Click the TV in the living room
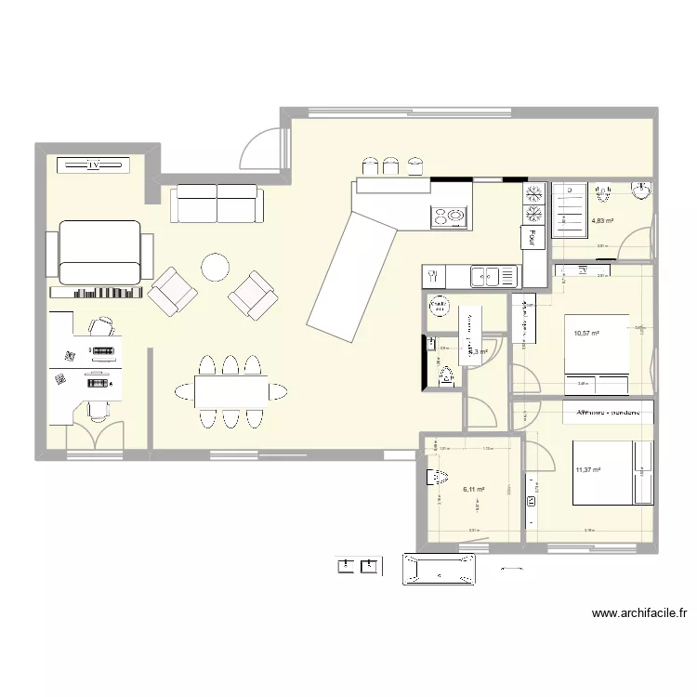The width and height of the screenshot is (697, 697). [93, 164]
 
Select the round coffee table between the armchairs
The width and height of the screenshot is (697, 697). [216, 268]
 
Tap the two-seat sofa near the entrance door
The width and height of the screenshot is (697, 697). [217, 204]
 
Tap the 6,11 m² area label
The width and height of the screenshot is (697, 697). [474, 488]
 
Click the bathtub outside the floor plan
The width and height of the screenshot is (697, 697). [438, 568]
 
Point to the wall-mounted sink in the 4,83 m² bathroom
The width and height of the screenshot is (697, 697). [640, 191]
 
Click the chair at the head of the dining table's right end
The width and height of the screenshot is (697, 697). [276, 390]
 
